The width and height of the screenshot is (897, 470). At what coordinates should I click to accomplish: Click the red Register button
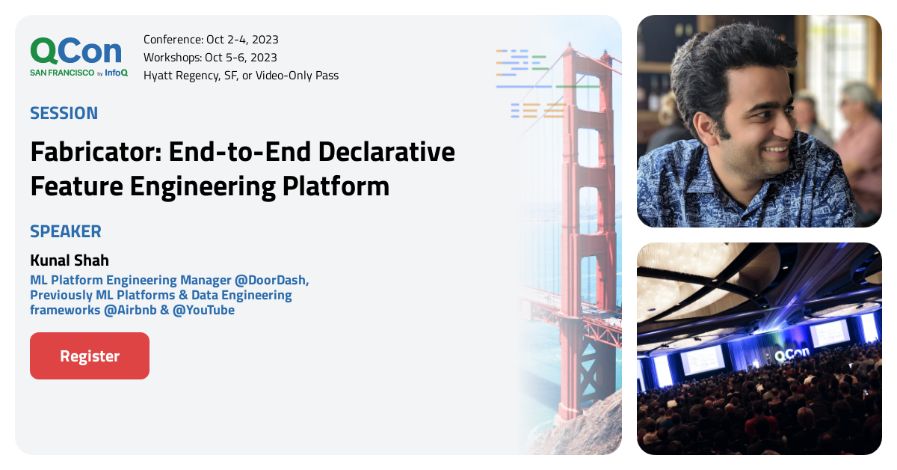coord(90,356)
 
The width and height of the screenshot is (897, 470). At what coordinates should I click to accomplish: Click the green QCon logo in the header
coord(75,51)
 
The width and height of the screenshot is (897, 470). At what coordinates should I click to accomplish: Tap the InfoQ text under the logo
coord(116,73)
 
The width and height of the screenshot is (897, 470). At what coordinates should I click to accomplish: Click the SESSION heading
coord(64,114)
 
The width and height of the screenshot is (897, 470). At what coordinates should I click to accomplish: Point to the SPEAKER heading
coord(66,231)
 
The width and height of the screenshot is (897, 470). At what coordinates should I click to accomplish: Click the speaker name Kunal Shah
coord(70,260)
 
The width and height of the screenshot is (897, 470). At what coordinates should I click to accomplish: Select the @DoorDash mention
coord(271,280)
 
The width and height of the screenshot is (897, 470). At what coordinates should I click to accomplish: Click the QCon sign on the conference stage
coord(790,356)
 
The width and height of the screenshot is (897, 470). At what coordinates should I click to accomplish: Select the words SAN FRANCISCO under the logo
coord(62,73)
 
